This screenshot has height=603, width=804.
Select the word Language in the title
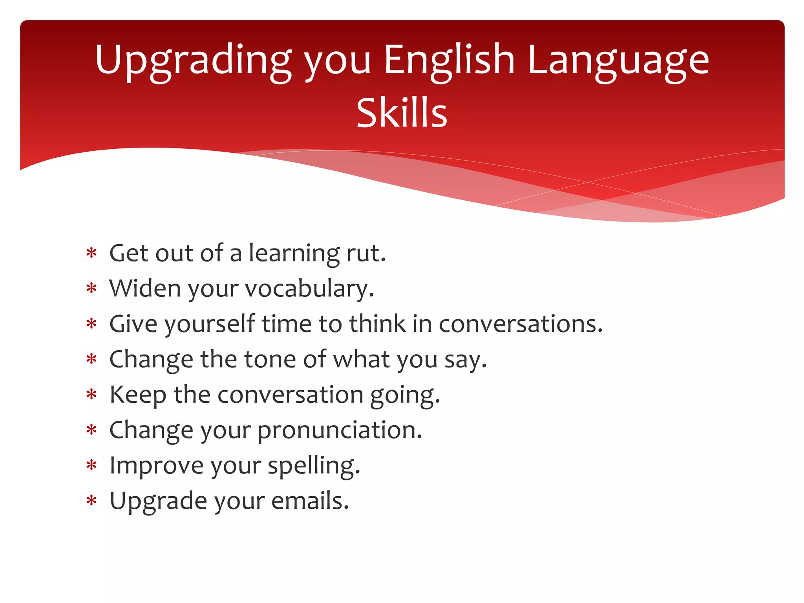618,61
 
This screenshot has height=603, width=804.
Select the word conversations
521,324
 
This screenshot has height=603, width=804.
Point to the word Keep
138,395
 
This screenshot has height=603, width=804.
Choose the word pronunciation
340,430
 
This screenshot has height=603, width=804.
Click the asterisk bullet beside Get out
91,254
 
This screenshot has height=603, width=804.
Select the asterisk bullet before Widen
91,289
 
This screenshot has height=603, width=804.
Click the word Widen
145,289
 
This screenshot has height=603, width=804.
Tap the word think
377,324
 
